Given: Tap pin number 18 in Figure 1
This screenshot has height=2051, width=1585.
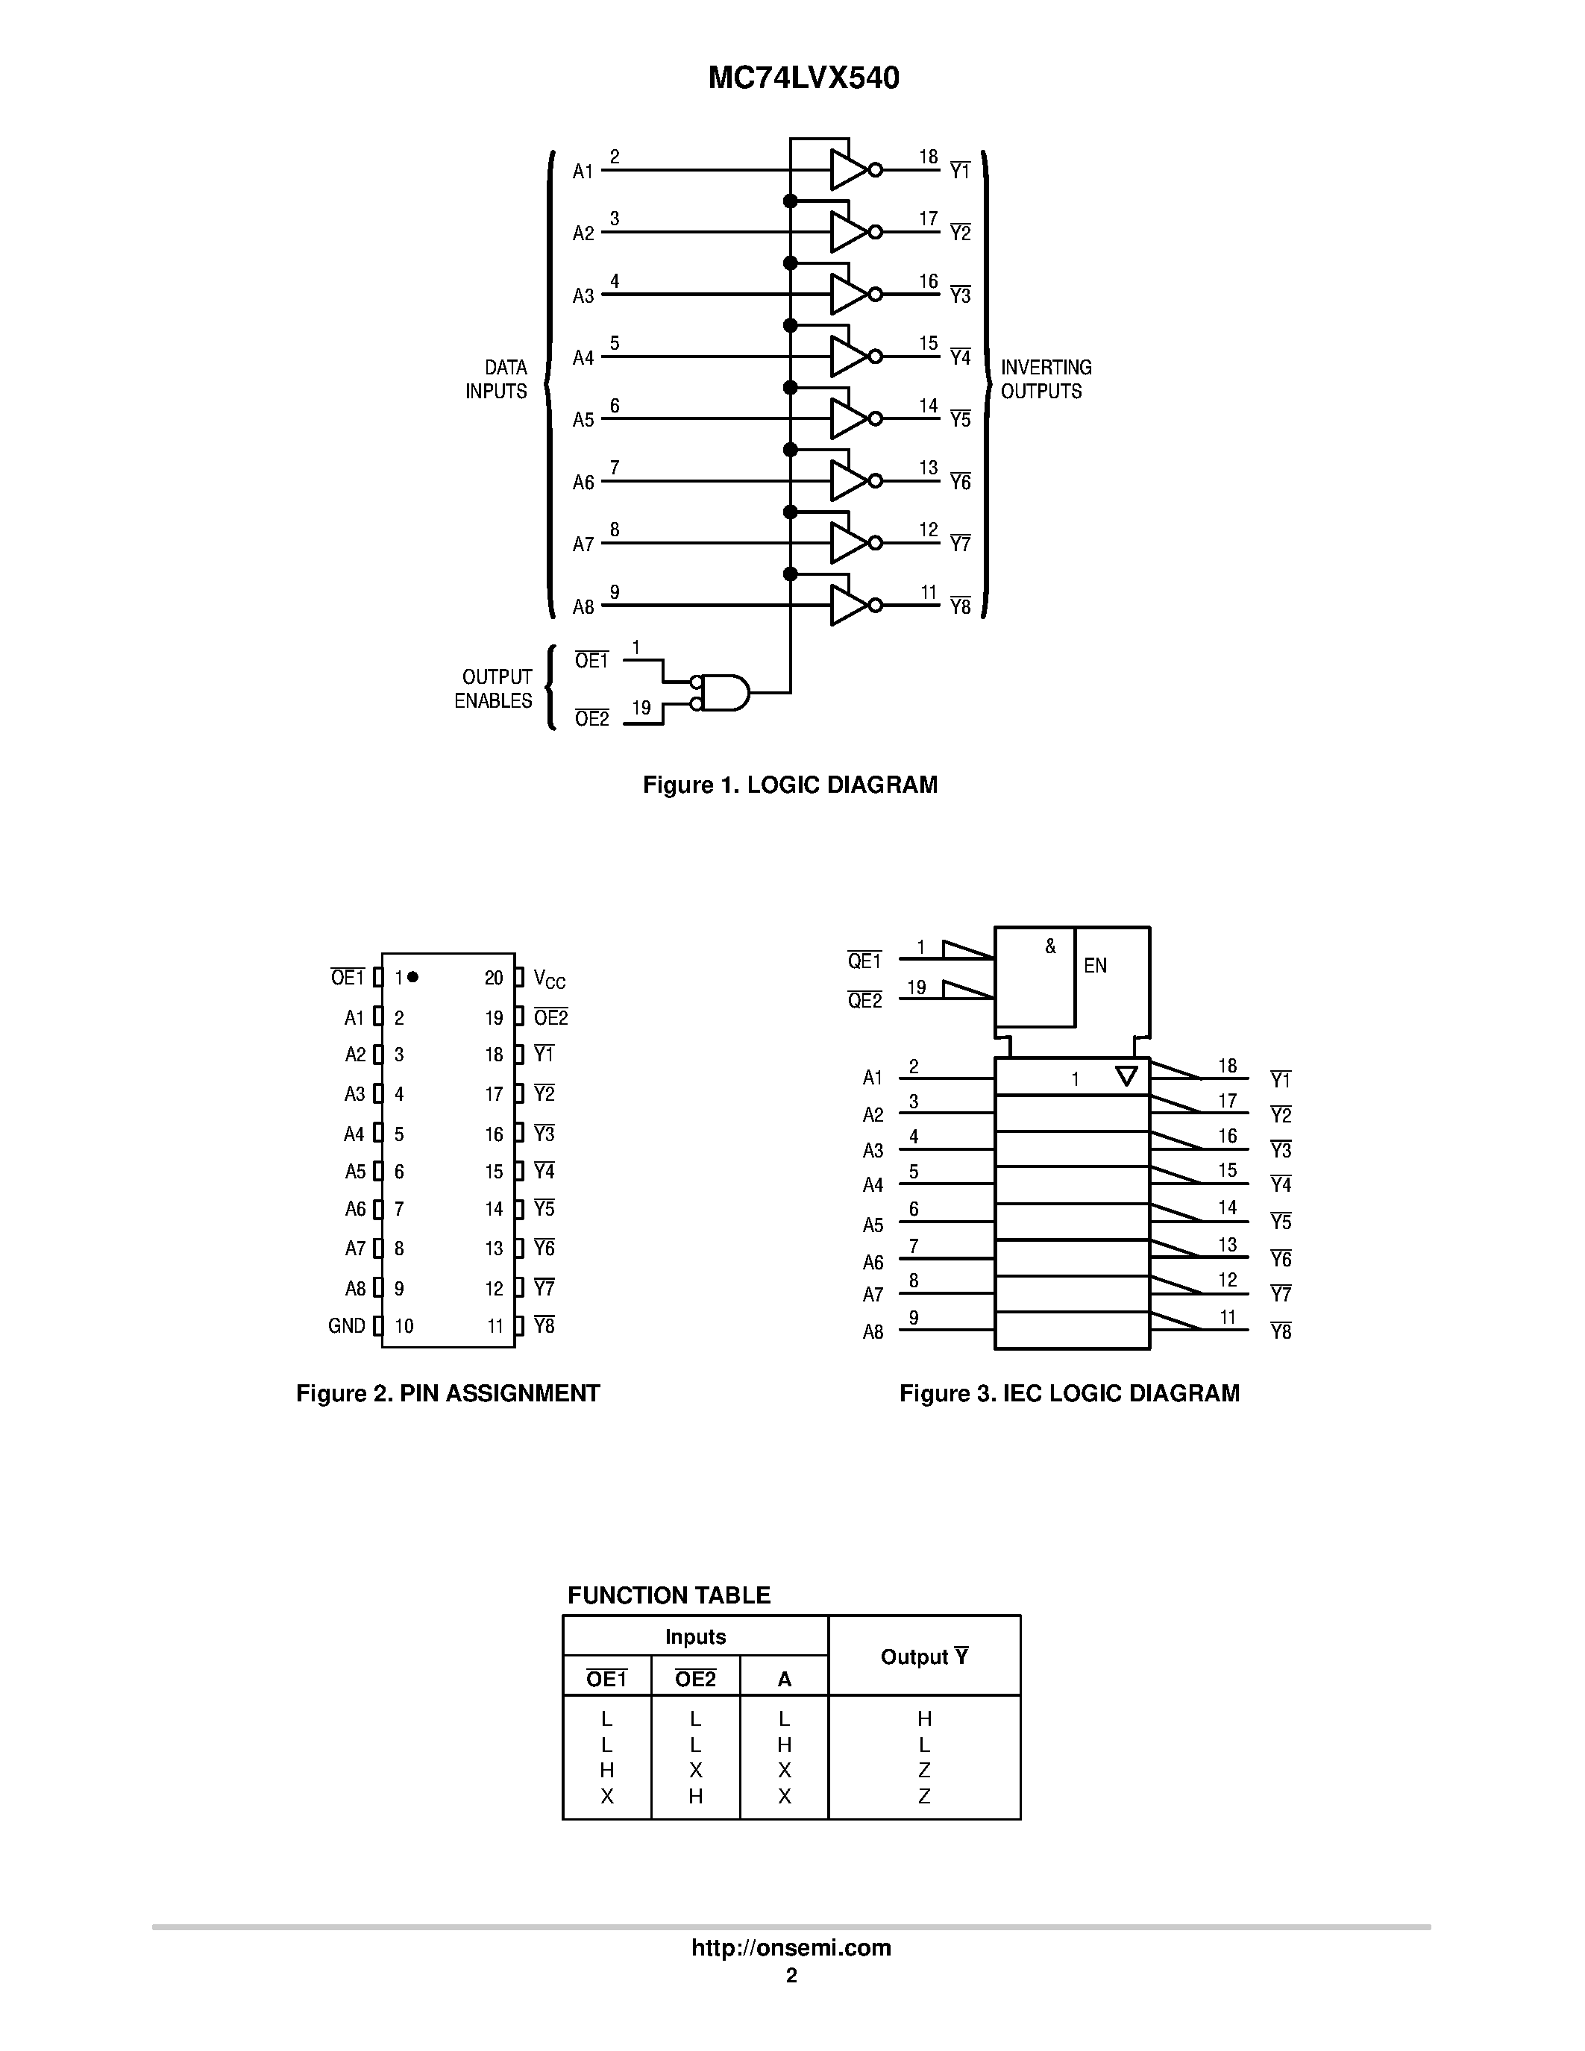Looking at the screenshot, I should [x=928, y=157].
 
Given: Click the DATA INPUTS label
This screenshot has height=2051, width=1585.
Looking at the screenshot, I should [x=497, y=380].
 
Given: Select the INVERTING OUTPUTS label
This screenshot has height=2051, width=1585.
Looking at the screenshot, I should [x=1045, y=380].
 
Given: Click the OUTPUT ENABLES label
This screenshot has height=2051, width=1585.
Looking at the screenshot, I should [x=494, y=688].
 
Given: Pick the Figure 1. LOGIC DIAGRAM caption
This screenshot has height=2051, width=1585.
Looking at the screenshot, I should [x=790, y=785].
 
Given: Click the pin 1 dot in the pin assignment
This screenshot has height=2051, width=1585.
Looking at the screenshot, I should [x=413, y=977].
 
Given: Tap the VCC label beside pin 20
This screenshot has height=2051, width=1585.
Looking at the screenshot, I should [x=549, y=979].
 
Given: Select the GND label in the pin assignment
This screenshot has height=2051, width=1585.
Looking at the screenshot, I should [x=347, y=1326].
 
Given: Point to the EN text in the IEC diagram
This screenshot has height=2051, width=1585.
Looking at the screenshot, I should [x=1095, y=965].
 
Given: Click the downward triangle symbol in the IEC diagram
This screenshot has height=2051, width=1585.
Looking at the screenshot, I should [x=1126, y=1076].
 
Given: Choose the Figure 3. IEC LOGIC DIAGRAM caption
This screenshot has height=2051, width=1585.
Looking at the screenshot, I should [x=1069, y=1394].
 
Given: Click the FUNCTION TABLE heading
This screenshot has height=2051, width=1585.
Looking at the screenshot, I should [x=668, y=1595].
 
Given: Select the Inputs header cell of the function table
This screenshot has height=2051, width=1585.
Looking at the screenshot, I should [x=695, y=1637].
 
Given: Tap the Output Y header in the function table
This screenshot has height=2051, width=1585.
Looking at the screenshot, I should [x=924, y=1656].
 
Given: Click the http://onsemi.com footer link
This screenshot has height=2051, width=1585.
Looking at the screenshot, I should [x=791, y=1947].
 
